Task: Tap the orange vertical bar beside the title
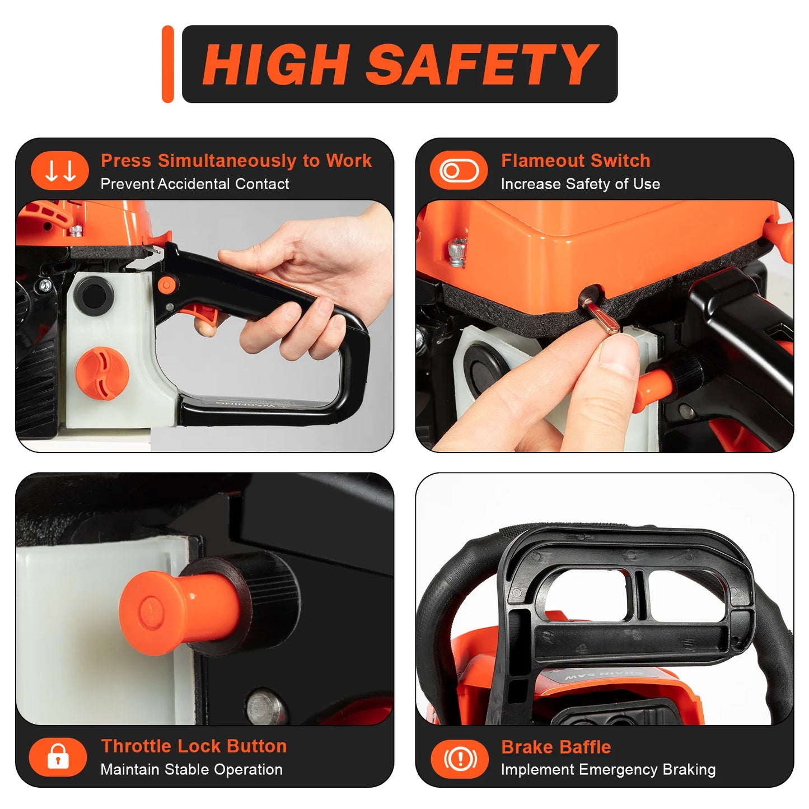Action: pos(167,64)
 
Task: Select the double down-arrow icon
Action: pos(60,171)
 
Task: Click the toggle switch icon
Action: pos(459,171)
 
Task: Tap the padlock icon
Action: pos(58,756)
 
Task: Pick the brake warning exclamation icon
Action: pos(460,759)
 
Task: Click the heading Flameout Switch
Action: pos(575,161)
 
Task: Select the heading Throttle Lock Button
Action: pos(194,746)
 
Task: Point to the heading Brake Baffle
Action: pos(555,747)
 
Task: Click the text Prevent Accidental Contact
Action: pos(194,184)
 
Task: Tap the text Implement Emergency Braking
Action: pos(608,770)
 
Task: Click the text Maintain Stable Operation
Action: pos(191,770)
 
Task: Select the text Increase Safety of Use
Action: pos(580,184)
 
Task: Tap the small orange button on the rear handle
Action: pos(166,286)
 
